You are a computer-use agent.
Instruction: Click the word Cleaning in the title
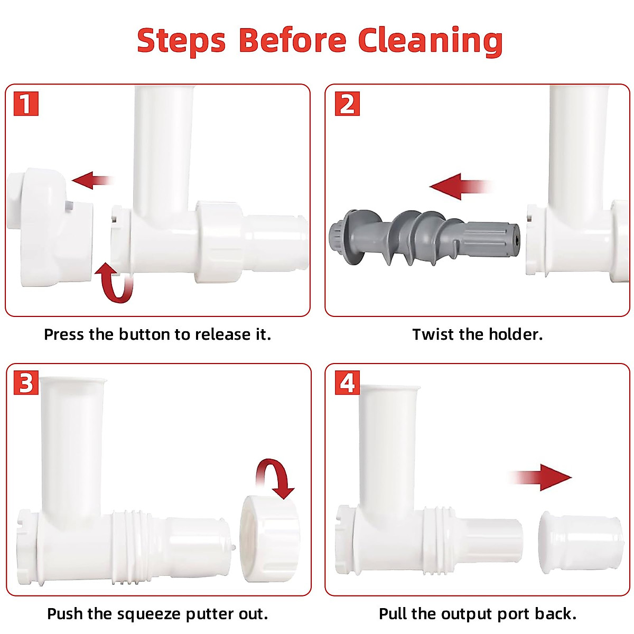click(431, 41)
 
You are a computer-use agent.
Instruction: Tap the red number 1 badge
click(26, 104)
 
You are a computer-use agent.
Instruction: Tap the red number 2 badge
click(347, 104)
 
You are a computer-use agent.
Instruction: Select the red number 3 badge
click(26, 383)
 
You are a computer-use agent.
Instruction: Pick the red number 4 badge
click(347, 383)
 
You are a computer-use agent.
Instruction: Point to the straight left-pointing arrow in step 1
click(93, 180)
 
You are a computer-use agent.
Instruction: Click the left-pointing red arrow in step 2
click(461, 187)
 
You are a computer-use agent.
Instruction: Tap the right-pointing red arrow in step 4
click(540, 478)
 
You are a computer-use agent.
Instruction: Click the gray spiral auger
click(424, 238)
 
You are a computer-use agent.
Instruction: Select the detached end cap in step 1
click(49, 227)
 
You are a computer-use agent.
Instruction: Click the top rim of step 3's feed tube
click(73, 380)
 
